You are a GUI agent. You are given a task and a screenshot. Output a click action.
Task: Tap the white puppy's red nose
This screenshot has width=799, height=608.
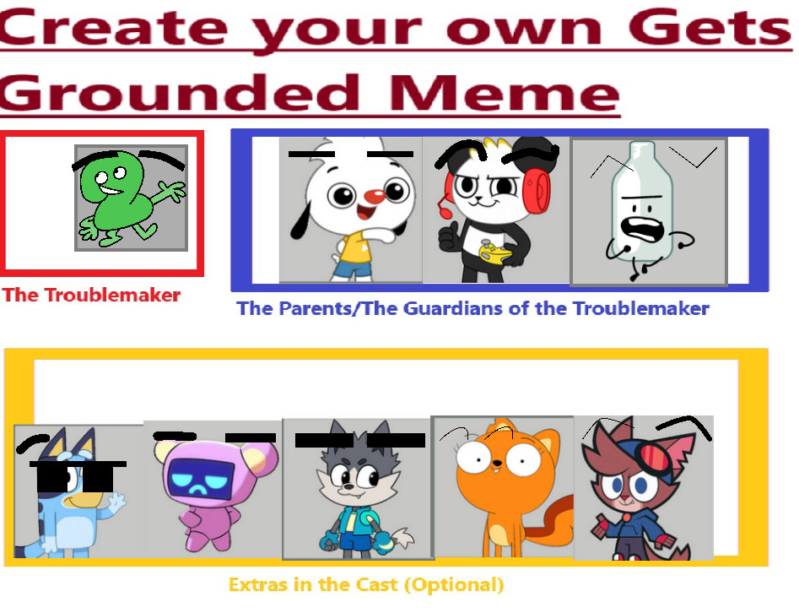click(375, 196)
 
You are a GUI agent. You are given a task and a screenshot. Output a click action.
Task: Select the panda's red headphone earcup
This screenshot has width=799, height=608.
click(537, 192)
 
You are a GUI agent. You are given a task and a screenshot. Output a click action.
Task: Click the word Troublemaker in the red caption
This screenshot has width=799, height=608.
click(112, 296)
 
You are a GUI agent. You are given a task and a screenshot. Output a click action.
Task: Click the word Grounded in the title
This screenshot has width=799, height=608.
click(181, 94)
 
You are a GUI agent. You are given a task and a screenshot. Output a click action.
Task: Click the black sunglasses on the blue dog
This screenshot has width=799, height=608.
click(77, 476)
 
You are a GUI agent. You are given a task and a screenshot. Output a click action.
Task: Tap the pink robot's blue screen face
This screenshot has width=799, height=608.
click(202, 479)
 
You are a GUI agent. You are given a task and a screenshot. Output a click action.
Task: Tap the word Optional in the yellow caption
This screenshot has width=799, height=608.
click(455, 584)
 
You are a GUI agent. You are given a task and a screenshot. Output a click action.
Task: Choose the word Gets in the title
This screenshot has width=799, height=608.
click(710, 29)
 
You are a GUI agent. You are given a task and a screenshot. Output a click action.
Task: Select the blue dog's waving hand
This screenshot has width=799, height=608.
click(116, 502)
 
